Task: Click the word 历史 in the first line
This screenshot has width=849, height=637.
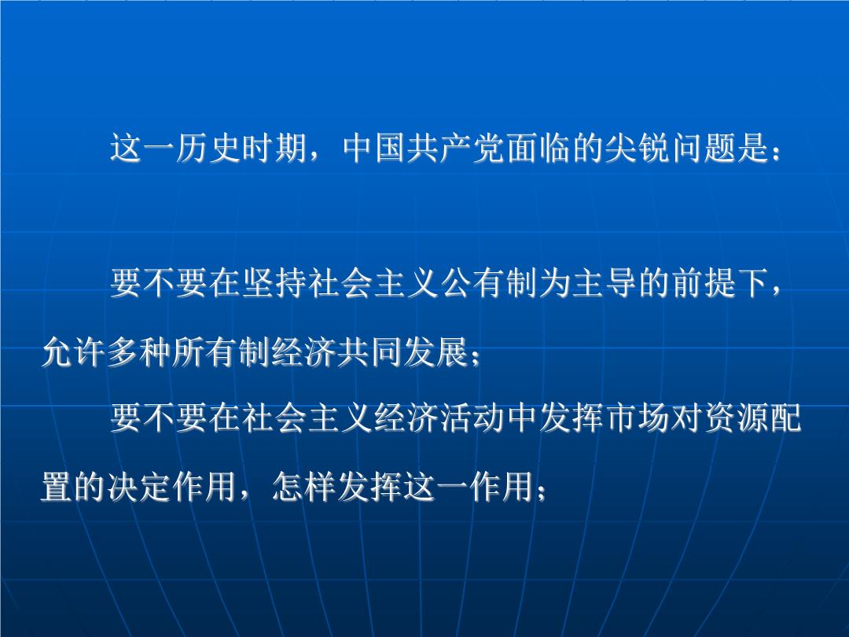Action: click(208, 147)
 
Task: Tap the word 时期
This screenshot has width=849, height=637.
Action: click(274, 147)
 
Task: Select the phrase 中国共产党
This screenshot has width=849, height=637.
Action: click(424, 147)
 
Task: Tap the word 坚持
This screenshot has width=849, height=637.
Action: click(274, 283)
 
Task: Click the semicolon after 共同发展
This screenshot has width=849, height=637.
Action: click(476, 358)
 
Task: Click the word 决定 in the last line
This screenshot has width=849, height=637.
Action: click(139, 487)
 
